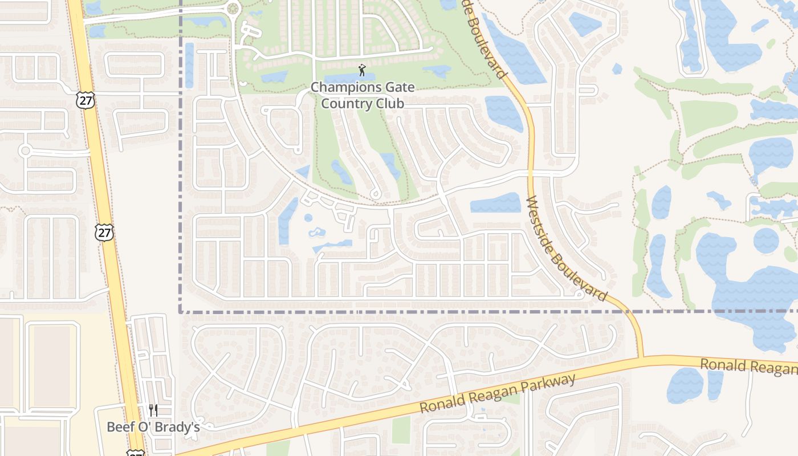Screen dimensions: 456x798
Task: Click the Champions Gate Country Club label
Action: (363, 95)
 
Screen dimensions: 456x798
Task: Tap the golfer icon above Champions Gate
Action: (362, 71)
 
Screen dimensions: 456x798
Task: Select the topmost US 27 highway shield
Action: (84, 100)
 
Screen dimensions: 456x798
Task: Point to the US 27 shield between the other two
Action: (104, 232)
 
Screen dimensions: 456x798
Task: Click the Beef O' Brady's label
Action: (153, 427)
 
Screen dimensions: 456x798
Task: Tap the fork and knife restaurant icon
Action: (153, 410)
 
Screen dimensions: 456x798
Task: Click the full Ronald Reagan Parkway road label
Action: (497, 393)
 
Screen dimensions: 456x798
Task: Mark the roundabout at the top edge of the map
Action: (233, 9)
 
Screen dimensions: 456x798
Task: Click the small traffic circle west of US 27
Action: (25, 151)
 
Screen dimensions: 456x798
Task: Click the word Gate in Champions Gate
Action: (400, 88)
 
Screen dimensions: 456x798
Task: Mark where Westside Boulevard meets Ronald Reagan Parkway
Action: (641, 359)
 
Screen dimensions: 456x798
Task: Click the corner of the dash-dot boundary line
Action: (181, 312)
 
